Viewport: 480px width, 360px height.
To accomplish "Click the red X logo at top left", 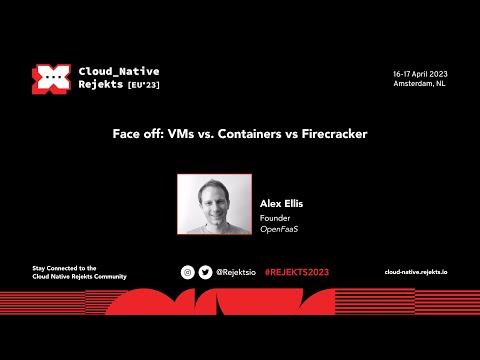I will pyautogui.click(x=48, y=79).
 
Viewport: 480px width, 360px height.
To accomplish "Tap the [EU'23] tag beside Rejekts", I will pyautogui.click(x=141, y=87).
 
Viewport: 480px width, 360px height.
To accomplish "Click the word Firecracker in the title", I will pyautogui.click(x=332, y=135).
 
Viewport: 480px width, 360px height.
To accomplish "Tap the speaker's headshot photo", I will pyautogui.click(x=214, y=204).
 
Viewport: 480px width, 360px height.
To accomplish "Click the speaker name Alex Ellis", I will pyautogui.click(x=281, y=203).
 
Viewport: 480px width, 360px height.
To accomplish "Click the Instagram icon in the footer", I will pyautogui.click(x=187, y=272).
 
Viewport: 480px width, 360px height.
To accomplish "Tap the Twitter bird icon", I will pyautogui.click(x=205, y=272).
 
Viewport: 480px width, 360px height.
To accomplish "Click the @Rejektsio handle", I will pyautogui.click(x=237, y=272).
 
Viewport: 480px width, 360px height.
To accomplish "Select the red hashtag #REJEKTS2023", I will pyautogui.click(x=296, y=272).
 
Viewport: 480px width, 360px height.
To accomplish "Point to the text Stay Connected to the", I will pyautogui.click(x=65, y=267).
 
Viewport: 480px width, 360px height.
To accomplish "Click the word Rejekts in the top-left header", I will pyautogui.click(x=101, y=87).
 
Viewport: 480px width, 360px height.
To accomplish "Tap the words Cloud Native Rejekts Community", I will pyautogui.click(x=80, y=276).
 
